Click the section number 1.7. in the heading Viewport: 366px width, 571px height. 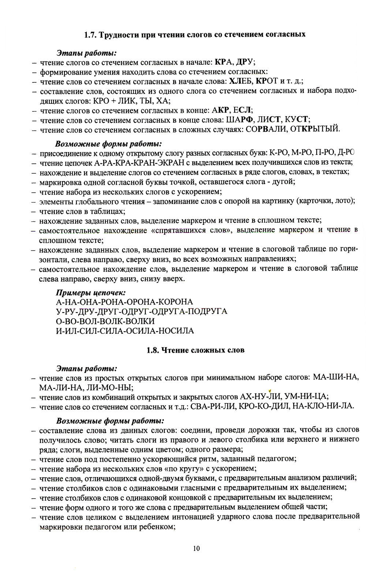coord(90,35)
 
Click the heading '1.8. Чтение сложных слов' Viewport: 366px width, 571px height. coord(195,350)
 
